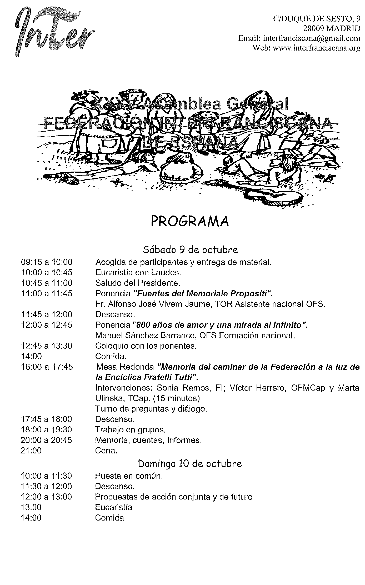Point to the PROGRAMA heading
coord(190,221)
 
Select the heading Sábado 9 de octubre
coord(190,249)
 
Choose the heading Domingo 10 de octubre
coord(190,463)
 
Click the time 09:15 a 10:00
coord(47,262)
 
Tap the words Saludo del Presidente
coord(138,283)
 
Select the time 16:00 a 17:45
coord(47,367)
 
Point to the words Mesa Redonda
coord(125,367)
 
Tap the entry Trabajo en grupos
coord(130,430)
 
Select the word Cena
coord(106,451)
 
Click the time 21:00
coord(31,451)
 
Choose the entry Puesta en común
coord(129,476)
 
